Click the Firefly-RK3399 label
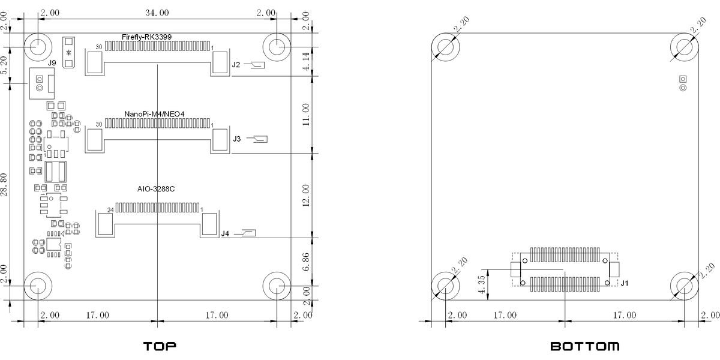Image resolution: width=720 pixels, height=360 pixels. (146, 37)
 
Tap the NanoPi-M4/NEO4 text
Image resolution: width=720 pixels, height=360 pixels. (154, 114)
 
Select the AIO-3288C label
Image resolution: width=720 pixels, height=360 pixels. (156, 189)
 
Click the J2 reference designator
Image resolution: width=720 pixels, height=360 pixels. (236, 65)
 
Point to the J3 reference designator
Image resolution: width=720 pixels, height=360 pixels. (237, 139)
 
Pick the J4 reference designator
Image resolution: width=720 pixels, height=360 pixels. (225, 233)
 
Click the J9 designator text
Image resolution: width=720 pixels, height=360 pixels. (52, 63)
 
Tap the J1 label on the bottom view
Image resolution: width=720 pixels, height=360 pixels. (624, 283)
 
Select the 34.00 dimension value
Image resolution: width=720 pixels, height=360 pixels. (157, 13)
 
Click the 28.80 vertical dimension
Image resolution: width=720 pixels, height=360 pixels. (4, 185)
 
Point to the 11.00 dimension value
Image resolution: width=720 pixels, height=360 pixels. (306, 115)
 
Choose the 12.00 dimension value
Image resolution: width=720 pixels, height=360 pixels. (306, 196)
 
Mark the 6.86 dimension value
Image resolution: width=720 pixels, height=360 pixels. (306, 262)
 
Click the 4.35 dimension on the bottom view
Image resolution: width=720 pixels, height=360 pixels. (481, 284)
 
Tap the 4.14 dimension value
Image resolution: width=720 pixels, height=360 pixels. (306, 61)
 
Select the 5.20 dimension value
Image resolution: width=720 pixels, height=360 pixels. (4, 65)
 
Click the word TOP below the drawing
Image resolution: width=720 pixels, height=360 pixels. (160, 346)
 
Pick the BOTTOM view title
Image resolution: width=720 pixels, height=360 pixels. (585, 346)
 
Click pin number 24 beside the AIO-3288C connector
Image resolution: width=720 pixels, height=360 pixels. (110, 210)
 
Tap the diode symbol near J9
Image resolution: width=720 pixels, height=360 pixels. (68, 52)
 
